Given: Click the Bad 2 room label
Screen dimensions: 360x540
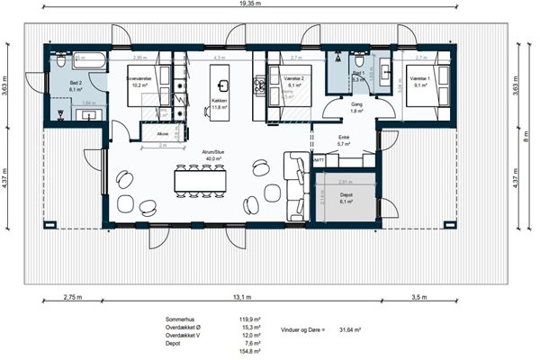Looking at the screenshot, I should pos(76,86).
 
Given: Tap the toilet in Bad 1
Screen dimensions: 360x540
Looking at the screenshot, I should pos(336,65).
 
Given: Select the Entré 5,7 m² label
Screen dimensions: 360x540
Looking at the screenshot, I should pos(344,140).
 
